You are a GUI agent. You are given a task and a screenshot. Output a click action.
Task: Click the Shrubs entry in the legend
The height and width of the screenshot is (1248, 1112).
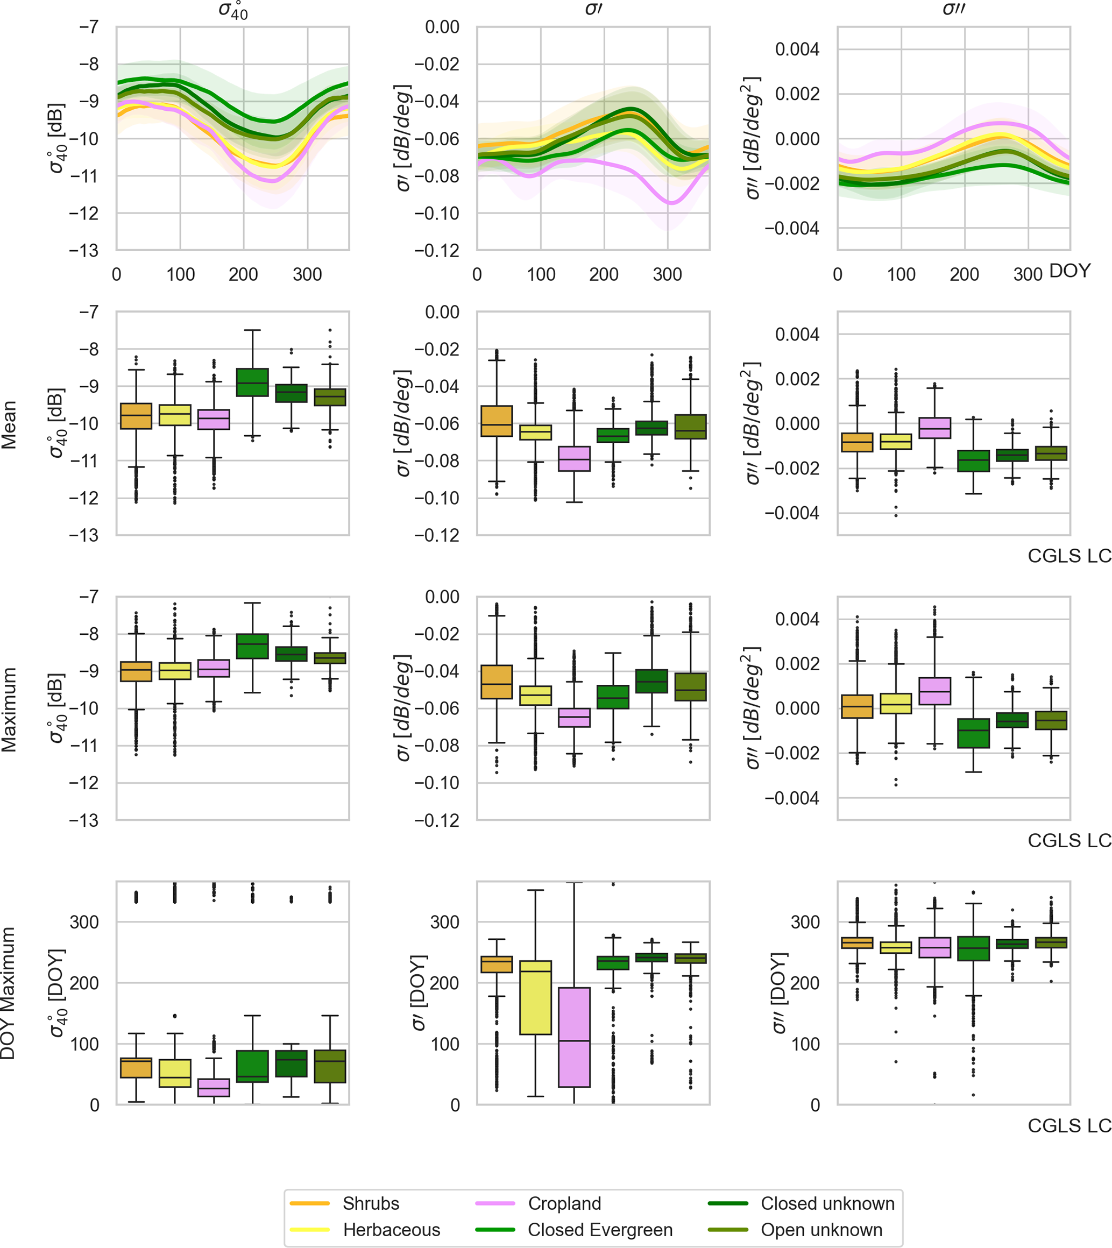(x=370, y=1203)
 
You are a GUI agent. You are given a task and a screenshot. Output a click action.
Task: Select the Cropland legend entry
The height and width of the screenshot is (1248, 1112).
(x=564, y=1203)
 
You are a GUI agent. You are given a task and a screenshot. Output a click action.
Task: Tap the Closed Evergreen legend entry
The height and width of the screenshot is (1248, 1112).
(x=599, y=1230)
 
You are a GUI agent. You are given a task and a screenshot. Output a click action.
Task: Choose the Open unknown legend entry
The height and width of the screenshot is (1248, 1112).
(x=820, y=1230)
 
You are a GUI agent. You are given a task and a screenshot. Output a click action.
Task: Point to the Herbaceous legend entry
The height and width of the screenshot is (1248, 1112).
(x=391, y=1230)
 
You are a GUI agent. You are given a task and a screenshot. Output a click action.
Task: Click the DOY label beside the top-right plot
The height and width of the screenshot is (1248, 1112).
(x=1069, y=271)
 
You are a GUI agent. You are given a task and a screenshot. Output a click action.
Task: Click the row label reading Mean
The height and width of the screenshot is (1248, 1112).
(x=9, y=424)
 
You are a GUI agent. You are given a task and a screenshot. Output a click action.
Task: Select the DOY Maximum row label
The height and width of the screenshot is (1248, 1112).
(x=8, y=993)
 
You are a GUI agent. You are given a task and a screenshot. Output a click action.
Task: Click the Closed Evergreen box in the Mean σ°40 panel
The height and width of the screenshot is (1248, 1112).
(x=252, y=382)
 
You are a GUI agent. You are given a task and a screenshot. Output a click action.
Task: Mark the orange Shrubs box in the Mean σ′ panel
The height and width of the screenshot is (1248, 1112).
(x=497, y=421)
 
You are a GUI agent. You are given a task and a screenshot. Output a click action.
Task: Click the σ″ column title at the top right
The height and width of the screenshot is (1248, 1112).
(x=953, y=9)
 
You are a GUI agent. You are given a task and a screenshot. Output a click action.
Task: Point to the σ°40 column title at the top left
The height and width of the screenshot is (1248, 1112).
(x=233, y=10)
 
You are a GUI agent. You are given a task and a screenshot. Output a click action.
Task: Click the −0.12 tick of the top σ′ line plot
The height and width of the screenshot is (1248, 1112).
(x=437, y=251)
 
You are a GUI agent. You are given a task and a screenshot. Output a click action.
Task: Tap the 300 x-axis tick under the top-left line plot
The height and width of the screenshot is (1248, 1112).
(x=307, y=274)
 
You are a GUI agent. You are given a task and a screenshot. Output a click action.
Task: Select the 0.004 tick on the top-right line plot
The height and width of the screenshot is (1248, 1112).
(x=797, y=49)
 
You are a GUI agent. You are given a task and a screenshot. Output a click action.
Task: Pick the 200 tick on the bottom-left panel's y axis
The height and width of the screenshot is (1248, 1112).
(x=84, y=983)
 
